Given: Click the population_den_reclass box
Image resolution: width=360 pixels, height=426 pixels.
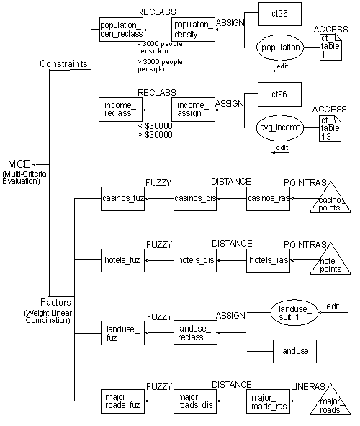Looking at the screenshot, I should click(121, 29).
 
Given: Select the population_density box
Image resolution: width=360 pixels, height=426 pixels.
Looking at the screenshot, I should click(194, 29).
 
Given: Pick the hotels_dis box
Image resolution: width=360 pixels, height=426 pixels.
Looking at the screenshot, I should click(195, 259).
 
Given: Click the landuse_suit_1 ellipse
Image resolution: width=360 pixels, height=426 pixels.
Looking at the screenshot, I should click(291, 311).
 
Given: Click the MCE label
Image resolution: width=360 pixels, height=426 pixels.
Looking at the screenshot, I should click(18, 163).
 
